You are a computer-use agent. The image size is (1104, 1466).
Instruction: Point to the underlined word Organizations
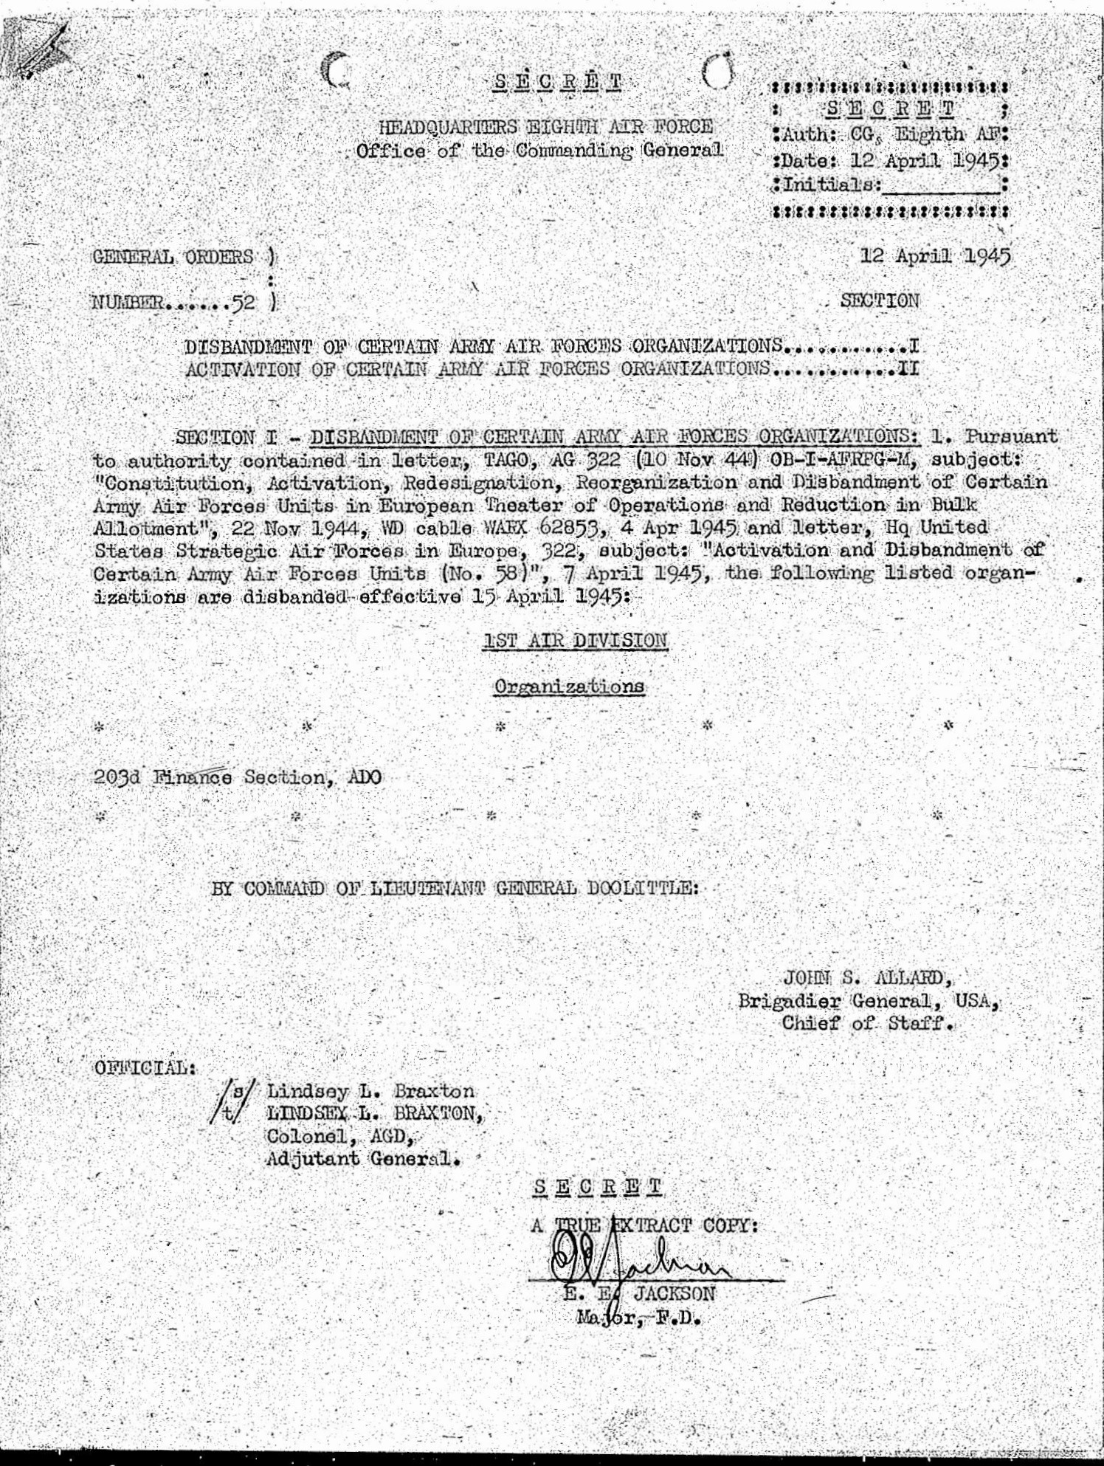point(569,686)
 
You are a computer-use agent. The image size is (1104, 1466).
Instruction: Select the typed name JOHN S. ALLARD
point(867,978)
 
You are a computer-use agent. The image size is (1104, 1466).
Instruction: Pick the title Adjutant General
point(363,1158)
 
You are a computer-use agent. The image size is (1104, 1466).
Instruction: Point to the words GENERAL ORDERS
point(174,257)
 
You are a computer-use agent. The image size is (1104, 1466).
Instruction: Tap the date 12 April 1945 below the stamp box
point(936,256)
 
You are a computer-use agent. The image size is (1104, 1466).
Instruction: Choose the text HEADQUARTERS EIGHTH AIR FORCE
point(546,127)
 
